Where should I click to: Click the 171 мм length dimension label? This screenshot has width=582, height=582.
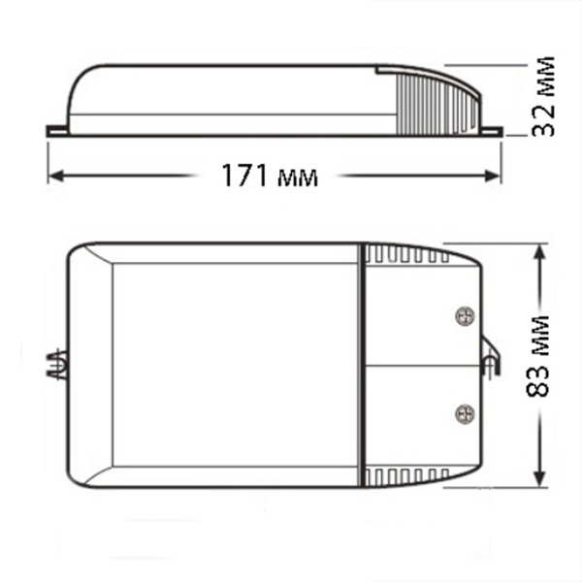tap(270, 176)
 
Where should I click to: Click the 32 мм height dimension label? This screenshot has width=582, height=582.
tap(543, 97)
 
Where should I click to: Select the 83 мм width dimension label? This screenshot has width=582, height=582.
tap(538, 356)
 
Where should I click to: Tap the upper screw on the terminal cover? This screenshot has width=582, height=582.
tap(465, 316)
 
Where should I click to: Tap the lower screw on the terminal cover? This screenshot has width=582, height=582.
tap(465, 414)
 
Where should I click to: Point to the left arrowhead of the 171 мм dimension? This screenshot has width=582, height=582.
tap(55, 176)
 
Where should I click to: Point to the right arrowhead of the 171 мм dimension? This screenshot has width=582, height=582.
tap(493, 176)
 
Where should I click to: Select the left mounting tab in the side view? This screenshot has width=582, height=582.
tap(57, 131)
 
